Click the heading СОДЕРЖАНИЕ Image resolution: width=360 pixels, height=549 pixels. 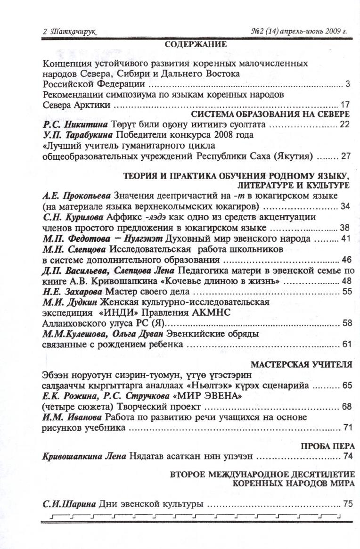pyautogui.click(x=196, y=45)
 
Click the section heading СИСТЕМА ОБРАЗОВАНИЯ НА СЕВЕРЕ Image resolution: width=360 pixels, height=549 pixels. pyautogui.click(x=270, y=115)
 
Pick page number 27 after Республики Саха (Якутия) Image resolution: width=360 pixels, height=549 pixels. pyautogui.click(x=345, y=155)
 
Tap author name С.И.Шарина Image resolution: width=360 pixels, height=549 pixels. pyautogui.click(x=69, y=503)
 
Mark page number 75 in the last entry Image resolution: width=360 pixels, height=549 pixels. pyautogui.click(x=348, y=503)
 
